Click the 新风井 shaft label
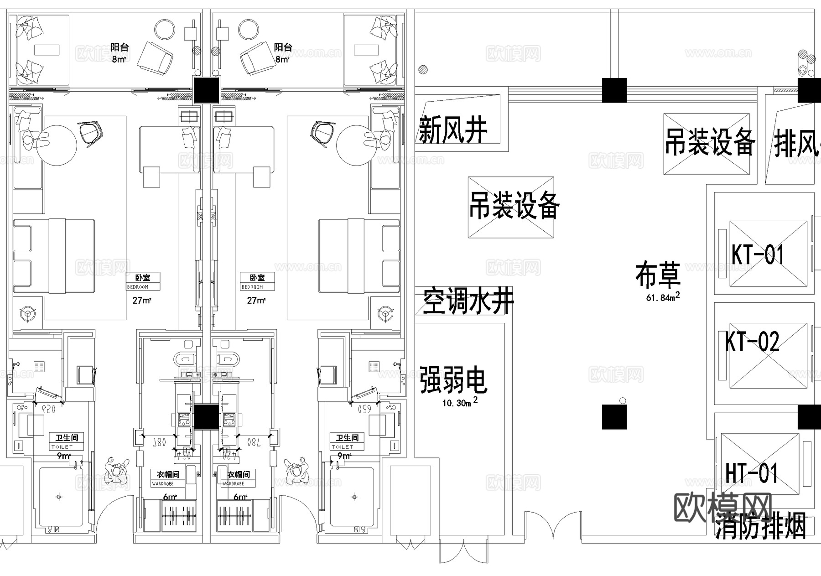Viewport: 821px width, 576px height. tap(453, 130)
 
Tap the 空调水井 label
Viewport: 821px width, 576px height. tap(468, 301)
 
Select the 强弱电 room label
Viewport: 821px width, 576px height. tap(453, 380)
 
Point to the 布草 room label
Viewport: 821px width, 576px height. tap(658, 275)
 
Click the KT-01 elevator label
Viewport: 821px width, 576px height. tap(758, 254)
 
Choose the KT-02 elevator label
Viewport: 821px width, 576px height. tap(753, 342)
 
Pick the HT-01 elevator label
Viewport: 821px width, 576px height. tap(752, 473)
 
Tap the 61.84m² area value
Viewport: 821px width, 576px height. tap(663, 297)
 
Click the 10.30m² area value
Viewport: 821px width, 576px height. tap(460, 403)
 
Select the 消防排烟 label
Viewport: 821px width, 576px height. tap(760, 527)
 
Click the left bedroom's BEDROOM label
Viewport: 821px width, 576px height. tap(138, 287)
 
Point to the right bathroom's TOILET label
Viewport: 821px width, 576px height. tap(343, 447)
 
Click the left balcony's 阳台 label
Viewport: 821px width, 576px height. tap(120, 47)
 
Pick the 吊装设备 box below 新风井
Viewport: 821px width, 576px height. tap(511, 207)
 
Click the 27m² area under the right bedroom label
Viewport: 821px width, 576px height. tap(256, 301)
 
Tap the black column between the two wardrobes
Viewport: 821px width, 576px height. tap(207, 417)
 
